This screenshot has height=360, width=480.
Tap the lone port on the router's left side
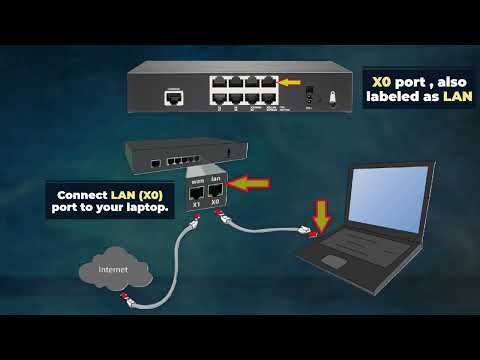tap(173, 98)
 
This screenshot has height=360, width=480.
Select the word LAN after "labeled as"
tap(458, 96)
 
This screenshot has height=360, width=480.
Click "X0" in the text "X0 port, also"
tap(382, 81)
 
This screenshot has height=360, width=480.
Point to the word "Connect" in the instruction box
tap(83, 194)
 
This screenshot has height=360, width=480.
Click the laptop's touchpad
tap(334, 262)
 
